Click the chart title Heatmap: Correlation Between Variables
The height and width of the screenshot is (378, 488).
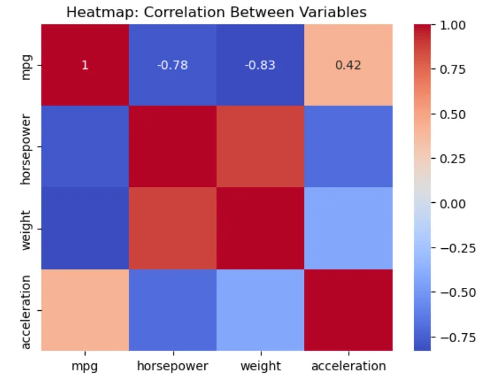216,12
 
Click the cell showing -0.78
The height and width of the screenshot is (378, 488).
172,65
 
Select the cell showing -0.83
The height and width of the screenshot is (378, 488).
260,65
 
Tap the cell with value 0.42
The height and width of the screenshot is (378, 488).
348,65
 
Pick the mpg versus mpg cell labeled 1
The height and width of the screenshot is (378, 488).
84,65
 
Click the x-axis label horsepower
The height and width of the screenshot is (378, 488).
172,366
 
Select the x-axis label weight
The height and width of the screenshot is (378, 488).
260,366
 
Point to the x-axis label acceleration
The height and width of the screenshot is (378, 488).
348,366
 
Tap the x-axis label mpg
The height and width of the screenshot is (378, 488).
84,366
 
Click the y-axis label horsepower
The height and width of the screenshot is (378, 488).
26,147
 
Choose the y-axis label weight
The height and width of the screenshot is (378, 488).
26,229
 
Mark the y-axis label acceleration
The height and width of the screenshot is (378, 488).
26,310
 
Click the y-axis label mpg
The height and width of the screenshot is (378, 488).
26,65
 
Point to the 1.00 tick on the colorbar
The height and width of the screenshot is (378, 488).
453,25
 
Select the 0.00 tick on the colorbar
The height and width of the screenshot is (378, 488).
453,203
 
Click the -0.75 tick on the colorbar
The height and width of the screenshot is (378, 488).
453,337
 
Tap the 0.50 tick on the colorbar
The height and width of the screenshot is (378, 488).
453,114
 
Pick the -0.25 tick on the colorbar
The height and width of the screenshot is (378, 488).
453,248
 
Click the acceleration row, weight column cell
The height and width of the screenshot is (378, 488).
260,310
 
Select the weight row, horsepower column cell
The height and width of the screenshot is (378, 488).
172,229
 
